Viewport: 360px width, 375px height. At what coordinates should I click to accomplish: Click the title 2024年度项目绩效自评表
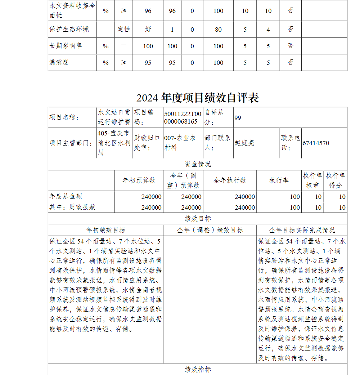click(x=197, y=98)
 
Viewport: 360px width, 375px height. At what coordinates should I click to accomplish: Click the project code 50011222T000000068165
click(x=183, y=117)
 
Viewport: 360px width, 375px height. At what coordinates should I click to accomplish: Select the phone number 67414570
click(x=315, y=143)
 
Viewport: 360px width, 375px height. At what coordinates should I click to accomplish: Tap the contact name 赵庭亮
click(x=244, y=143)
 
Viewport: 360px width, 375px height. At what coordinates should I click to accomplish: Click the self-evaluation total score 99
click(x=238, y=117)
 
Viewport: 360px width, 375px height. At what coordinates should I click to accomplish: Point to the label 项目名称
click(x=64, y=117)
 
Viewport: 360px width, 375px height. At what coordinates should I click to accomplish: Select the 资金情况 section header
click(x=197, y=164)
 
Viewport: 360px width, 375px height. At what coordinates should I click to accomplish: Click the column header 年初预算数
click(x=139, y=180)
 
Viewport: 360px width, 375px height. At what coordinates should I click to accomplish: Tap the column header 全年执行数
click(x=230, y=180)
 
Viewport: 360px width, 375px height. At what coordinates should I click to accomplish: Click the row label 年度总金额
click(x=66, y=196)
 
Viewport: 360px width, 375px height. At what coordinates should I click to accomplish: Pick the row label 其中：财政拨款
click(x=72, y=207)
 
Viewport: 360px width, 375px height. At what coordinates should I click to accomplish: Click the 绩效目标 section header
click(x=197, y=219)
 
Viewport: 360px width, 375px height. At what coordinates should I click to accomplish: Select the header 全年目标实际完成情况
click(x=302, y=230)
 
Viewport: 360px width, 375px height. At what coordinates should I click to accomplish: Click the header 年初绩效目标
click(x=105, y=230)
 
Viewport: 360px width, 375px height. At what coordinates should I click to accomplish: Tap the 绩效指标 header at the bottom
click(x=197, y=369)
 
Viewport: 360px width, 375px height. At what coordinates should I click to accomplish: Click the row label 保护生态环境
click(x=69, y=29)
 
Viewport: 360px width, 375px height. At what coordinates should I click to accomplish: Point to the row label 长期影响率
click(x=66, y=46)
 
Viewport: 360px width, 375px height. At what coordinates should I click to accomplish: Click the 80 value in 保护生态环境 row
click(x=218, y=30)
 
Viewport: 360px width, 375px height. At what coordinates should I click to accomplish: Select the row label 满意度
click(x=59, y=62)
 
